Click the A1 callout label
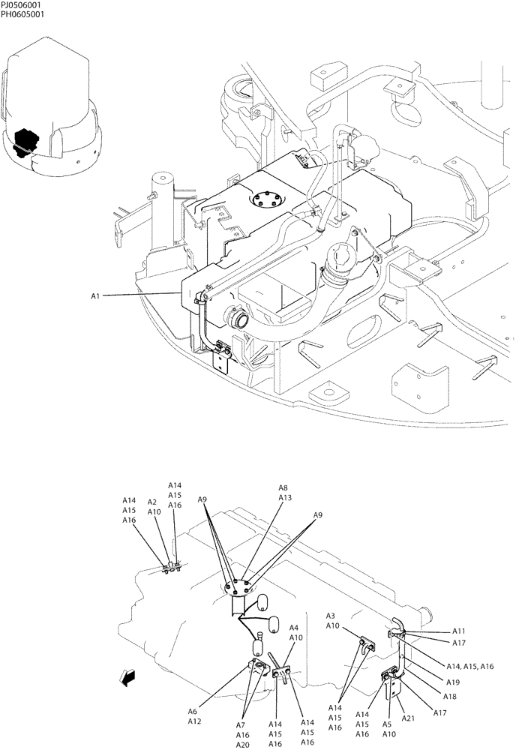(95, 296)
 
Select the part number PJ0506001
(22, 4)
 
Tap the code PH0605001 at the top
(22, 14)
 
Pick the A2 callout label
(152, 502)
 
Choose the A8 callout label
(283, 487)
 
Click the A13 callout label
(285, 497)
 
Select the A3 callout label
(331, 616)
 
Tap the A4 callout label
(295, 628)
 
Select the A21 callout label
(408, 718)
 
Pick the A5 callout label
(388, 724)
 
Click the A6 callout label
(193, 712)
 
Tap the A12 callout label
(194, 721)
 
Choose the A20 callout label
(243, 745)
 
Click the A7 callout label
(241, 725)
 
